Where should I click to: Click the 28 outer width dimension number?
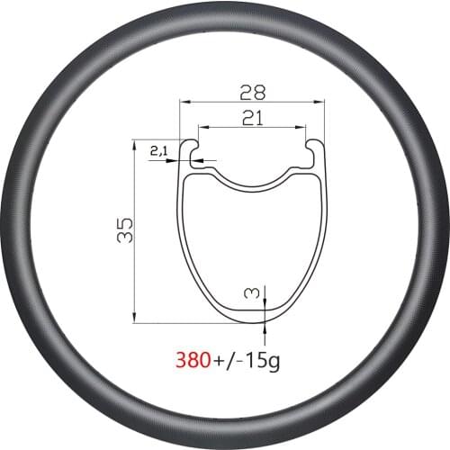coord(251,92)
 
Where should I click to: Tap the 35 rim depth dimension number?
coord(125,229)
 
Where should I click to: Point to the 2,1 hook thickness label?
coord(158,153)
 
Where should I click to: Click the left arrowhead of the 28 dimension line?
coord(184,103)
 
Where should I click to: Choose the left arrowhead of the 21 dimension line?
coord(201,127)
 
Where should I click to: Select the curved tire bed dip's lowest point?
coord(251,189)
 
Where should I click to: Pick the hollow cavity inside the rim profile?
coord(251,243)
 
